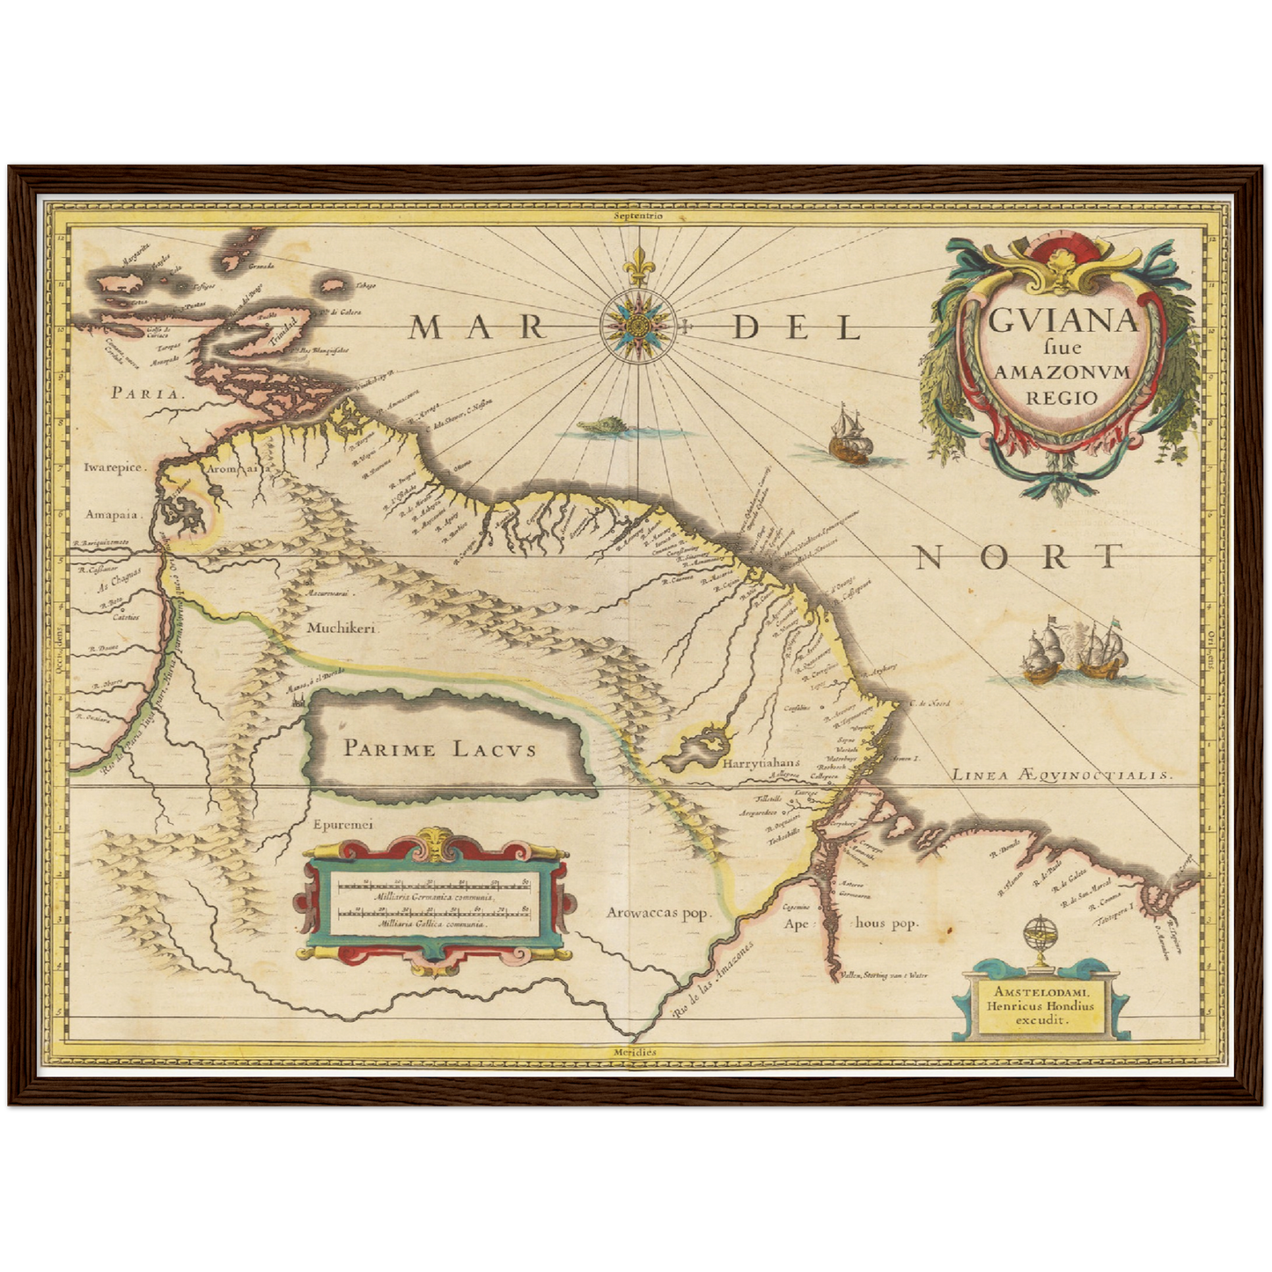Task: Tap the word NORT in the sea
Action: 1019,556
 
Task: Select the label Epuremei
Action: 343,825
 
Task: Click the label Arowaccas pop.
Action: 658,912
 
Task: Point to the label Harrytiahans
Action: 760,764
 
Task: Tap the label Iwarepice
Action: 114,468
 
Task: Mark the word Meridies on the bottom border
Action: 636,1051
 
